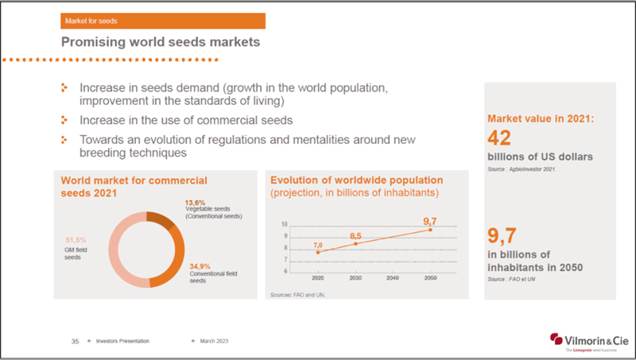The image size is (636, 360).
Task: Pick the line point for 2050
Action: click(x=431, y=230)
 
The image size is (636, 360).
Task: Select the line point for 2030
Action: click(x=355, y=243)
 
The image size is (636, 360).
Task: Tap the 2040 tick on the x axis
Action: click(x=393, y=278)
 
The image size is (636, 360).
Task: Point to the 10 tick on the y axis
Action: click(x=284, y=224)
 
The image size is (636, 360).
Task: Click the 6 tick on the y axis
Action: click(x=285, y=271)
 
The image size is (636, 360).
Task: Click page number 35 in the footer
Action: click(x=74, y=340)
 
